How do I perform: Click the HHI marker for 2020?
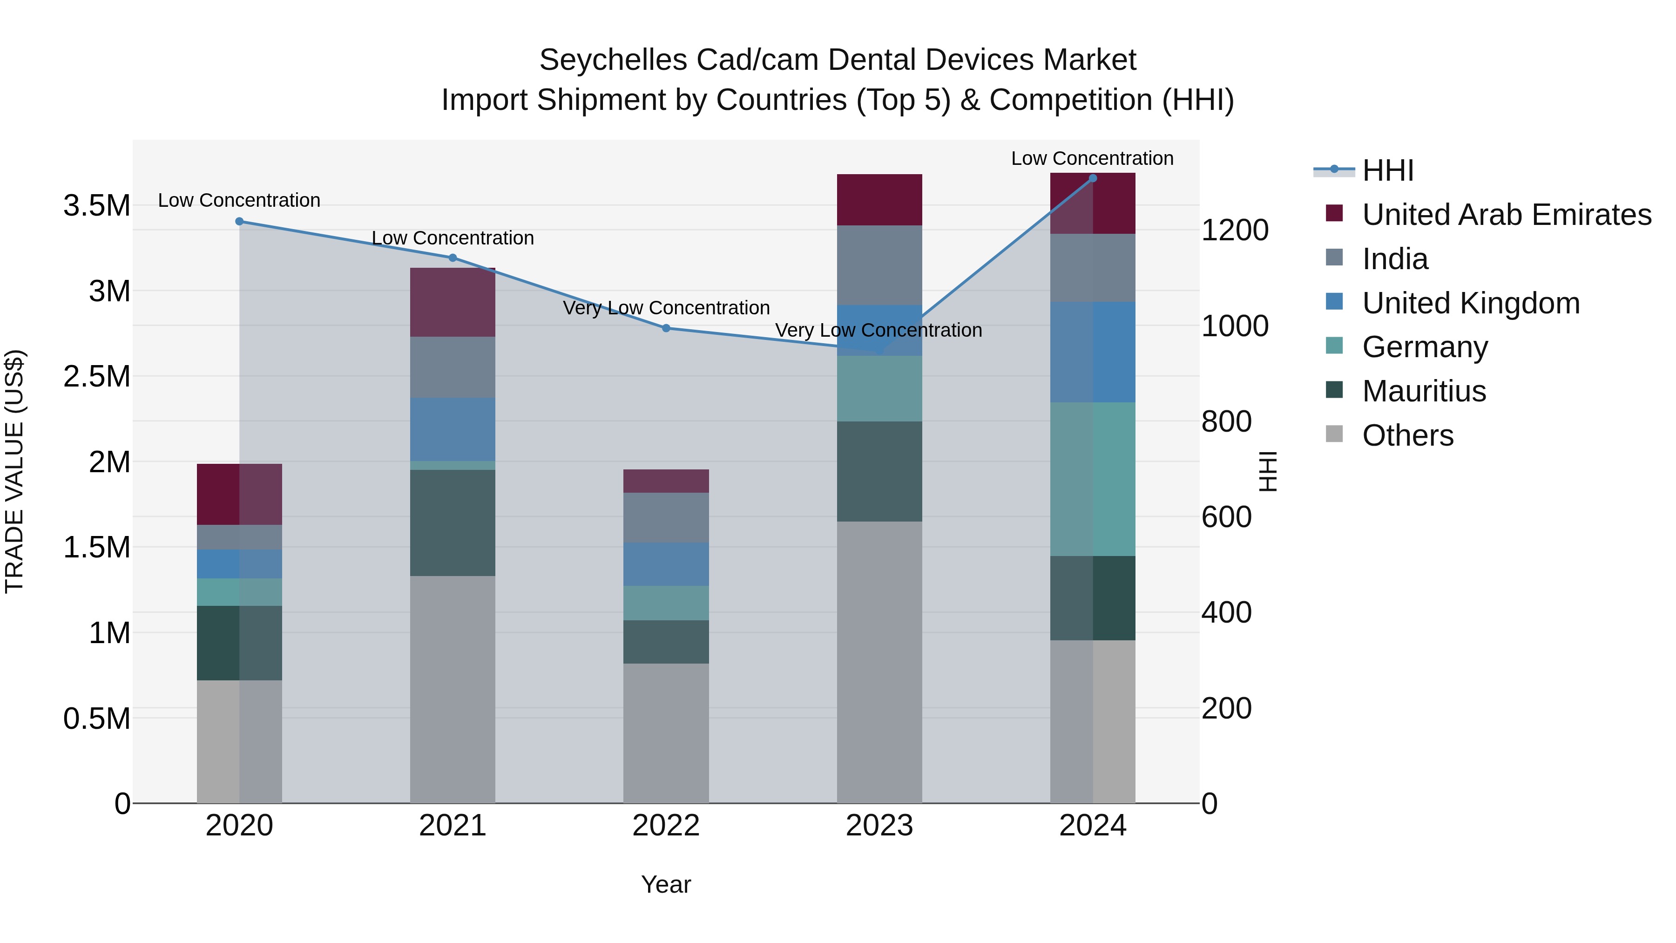[239, 221]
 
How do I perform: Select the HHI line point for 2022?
[666, 328]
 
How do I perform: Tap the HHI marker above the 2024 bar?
[1093, 178]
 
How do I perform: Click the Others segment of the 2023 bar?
[879, 661]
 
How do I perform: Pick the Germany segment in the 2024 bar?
[1093, 479]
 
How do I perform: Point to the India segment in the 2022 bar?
[666, 518]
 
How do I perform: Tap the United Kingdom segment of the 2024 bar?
[1093, 352]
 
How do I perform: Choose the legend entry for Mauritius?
[1424, 391]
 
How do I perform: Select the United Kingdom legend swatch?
[1334, 302]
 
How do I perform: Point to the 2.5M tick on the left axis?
[96, 377]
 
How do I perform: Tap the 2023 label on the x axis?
[879, 826]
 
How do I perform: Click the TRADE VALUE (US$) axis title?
[14, 471]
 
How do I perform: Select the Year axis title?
[666, 884]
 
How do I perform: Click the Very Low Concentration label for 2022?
[666, 308]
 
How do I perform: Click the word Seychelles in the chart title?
[613, 60]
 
